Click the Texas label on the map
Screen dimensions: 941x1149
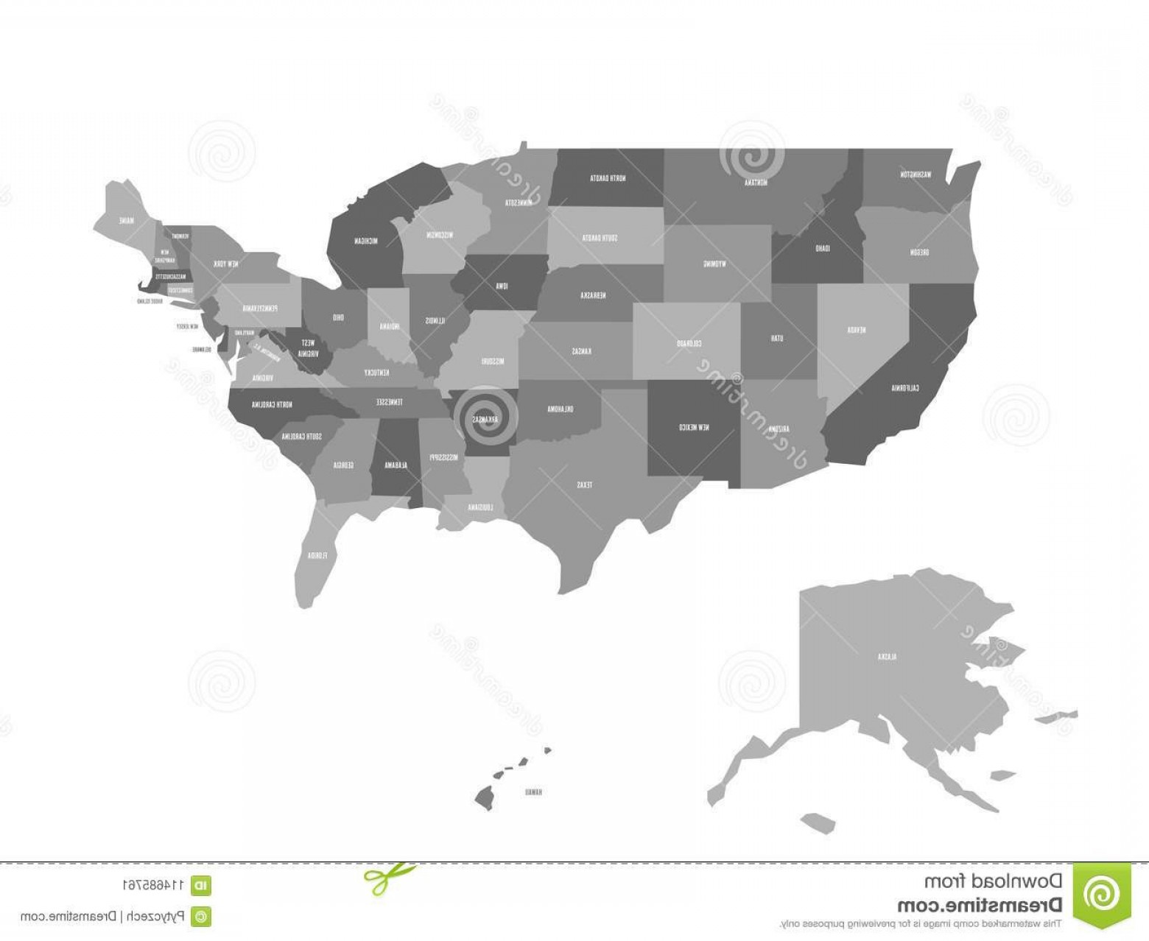(x=584, y=484)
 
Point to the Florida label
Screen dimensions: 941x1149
(x=317, y=554)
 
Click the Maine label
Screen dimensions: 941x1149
(x=128, y=219)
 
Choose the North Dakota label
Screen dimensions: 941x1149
(x=608, y=177)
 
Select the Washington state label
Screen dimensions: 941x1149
(x=916, y=175)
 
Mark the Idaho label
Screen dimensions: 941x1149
(x=823, y=248)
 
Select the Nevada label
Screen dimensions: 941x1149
(x=855, y=330)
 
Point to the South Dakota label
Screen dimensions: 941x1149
(x=600, y=238)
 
